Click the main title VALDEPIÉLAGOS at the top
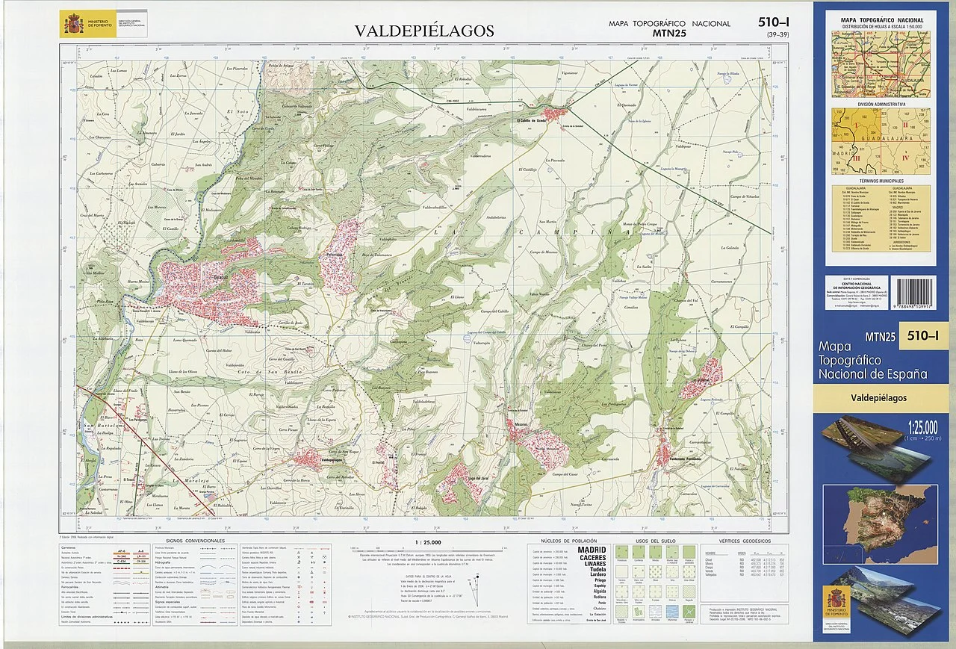(x=423, y=31)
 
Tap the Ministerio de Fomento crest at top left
(x=72, y=25)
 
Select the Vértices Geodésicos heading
(x=744, y=540)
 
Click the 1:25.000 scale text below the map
(x=428, y=543)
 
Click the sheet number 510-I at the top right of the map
(x=774, y=23)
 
